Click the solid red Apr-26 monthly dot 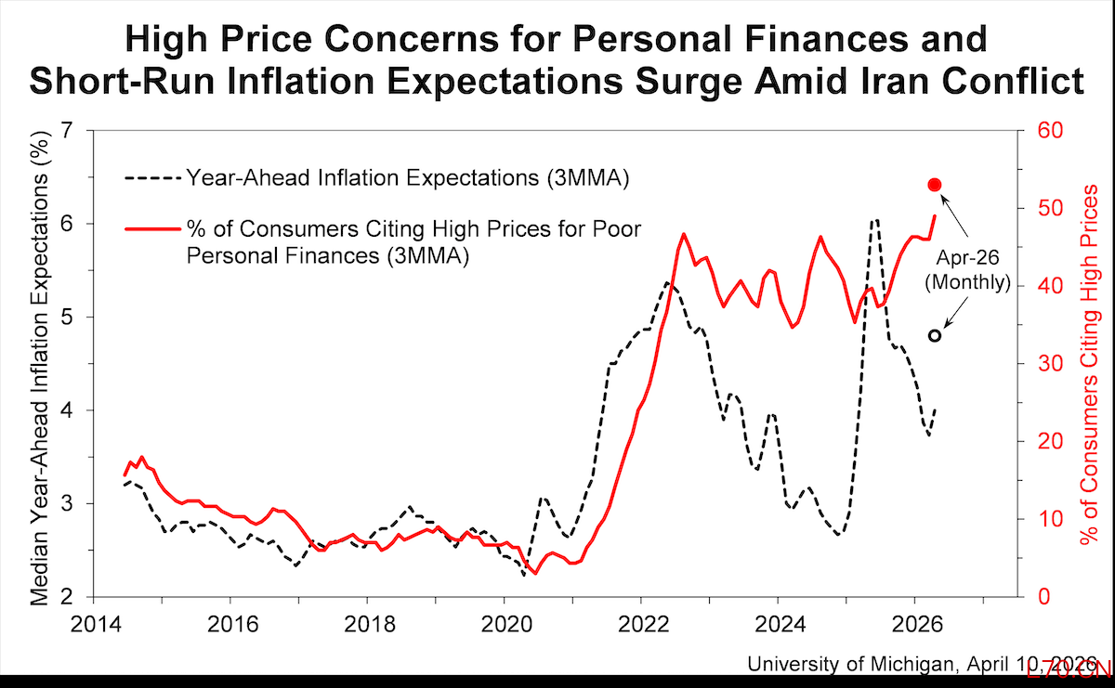[x=935, y=185]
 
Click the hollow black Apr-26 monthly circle [x=935, y=335]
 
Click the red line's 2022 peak [x=684, y=234]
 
